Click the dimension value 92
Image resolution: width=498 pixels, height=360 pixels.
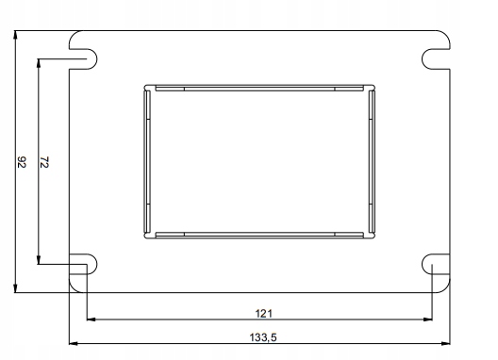pos(22,162)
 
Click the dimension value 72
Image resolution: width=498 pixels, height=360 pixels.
pos(44,162)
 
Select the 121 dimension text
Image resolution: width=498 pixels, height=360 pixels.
pos(263,314)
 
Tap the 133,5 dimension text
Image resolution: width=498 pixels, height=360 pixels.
pos(263,337)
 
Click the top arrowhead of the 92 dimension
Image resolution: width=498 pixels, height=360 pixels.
pos(15,34)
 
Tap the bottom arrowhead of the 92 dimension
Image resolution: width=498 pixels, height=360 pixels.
pos(15,288)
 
